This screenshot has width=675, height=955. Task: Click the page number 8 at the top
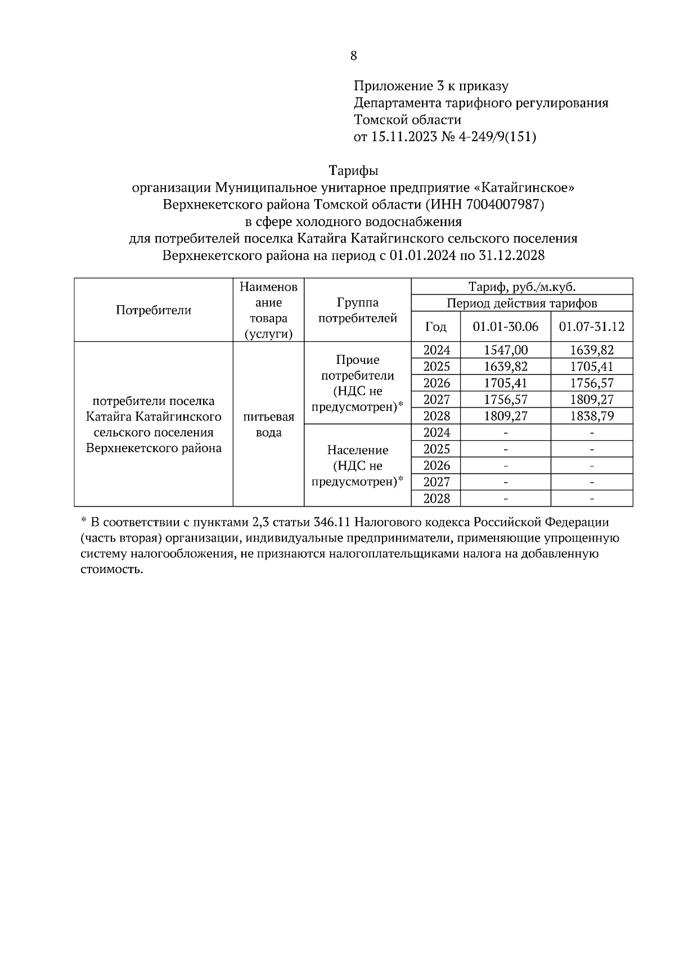353,56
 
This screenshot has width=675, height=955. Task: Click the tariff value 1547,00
505,350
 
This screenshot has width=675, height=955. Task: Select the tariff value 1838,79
591,416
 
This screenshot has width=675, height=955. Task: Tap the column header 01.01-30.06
505,327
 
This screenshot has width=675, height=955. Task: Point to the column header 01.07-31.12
591,327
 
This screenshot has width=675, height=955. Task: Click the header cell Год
436,327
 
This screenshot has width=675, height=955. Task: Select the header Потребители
154,310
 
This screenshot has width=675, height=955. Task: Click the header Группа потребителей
358,310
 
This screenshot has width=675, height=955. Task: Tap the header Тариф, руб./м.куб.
522,286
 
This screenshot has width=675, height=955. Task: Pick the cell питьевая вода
269,425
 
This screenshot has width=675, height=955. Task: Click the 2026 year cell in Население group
436,466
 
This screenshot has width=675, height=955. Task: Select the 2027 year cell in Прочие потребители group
436,400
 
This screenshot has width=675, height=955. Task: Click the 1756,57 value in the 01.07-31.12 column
591,384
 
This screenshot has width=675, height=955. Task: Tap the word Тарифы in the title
353,170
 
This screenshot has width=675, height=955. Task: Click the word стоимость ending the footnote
109,569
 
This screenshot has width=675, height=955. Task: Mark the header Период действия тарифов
522,304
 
